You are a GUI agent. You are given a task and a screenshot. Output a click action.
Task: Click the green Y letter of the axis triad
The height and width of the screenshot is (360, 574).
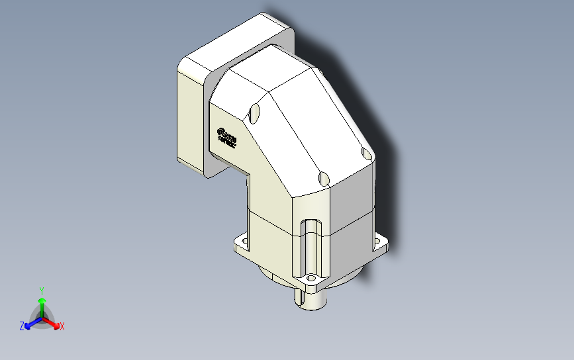pos(41,291)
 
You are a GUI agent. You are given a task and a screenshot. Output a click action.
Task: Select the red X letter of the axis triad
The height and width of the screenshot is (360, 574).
pos(62,326)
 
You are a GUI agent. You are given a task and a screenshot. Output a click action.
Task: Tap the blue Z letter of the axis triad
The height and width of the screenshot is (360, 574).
pos(22,326)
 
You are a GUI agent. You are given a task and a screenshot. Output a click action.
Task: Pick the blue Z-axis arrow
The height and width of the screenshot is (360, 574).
pos(30,323)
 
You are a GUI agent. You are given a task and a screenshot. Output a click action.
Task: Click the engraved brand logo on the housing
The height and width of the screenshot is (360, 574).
pos(227,137)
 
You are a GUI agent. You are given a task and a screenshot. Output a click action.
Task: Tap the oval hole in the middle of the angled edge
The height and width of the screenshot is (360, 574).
pos(323,178)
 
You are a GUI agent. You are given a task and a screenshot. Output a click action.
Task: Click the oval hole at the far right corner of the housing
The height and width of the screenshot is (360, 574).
pos(367,154)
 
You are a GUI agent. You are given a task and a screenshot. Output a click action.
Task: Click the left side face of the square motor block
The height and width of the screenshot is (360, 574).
pos(189,119)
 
